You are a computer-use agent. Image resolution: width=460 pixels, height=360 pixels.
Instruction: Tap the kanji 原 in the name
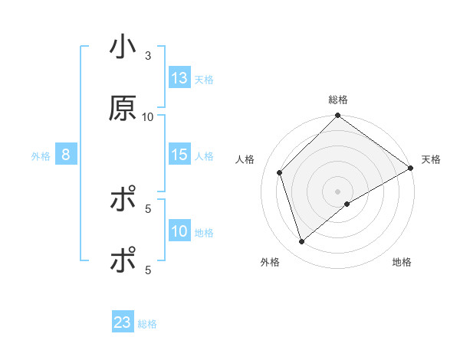pos(123,110)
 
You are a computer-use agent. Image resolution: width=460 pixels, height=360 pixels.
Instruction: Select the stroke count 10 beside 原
pos(148,116)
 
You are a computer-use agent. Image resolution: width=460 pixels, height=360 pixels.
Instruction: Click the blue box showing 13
pos(179,77)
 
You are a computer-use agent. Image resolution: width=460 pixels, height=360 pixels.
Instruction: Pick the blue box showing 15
pos(179,155)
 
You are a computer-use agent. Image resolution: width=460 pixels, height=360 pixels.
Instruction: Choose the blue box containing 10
pos(179,231)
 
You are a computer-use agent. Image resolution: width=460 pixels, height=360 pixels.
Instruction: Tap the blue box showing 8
pos(66,155)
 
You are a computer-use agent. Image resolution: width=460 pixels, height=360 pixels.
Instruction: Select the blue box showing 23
pos(123,322)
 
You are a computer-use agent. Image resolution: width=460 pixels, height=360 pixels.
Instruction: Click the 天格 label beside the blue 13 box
pos(204,79)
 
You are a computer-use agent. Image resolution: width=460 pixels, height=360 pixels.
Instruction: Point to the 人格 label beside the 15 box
pos(204,156)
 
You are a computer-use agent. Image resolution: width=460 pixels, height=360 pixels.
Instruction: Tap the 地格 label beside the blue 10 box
pos(204,233)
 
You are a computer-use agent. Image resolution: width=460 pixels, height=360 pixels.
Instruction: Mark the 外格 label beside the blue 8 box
pos(41,156)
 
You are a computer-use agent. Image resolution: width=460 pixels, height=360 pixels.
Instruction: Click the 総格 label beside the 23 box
pos(147,324)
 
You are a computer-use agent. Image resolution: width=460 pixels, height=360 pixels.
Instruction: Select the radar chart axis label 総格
pos(338,100)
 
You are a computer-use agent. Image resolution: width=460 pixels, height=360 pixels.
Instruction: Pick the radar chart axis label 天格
pos(431,159)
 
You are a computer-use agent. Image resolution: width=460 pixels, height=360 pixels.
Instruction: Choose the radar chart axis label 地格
pos(402,263)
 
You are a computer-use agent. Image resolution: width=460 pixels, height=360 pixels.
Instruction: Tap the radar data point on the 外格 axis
pos(302,242)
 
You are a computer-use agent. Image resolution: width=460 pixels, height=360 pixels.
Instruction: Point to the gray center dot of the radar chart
pos(338,191)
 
